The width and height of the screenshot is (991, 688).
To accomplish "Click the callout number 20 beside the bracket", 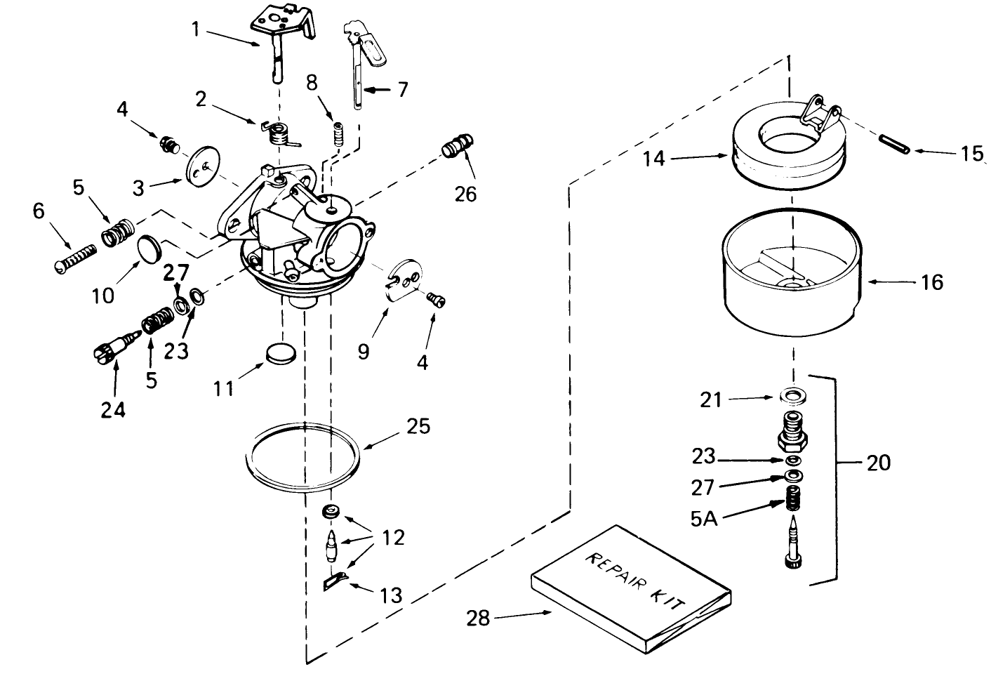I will pyautogui.click(x=878, y=463).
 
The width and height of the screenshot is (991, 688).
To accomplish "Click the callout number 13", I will pyautogui.click(x=391, y=595).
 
